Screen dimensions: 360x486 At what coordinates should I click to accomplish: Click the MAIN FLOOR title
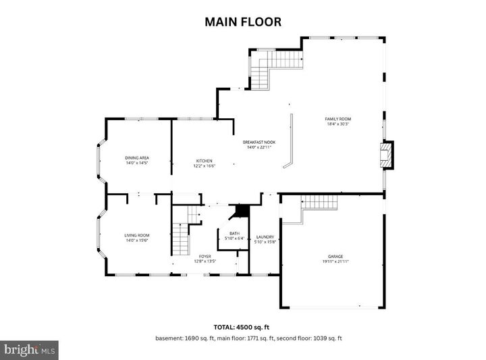243,22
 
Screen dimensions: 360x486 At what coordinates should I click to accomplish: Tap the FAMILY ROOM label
338,119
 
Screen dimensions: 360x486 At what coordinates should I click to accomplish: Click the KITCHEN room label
205,161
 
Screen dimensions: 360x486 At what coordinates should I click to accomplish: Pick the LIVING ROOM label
136,235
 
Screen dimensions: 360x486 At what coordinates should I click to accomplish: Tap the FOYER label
205,256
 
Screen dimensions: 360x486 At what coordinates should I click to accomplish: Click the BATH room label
234,233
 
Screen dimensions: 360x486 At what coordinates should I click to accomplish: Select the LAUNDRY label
265,236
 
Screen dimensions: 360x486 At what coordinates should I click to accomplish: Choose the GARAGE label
335,256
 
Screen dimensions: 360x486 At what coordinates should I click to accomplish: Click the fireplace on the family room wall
385,154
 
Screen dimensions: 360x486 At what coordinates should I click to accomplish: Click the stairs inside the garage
319,201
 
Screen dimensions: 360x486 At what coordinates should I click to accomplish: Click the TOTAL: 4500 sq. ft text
242,326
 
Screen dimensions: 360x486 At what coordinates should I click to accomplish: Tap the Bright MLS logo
29,350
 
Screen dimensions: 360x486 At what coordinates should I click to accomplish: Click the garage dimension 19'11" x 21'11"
335,261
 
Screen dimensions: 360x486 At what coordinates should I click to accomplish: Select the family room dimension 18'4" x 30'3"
338,124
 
